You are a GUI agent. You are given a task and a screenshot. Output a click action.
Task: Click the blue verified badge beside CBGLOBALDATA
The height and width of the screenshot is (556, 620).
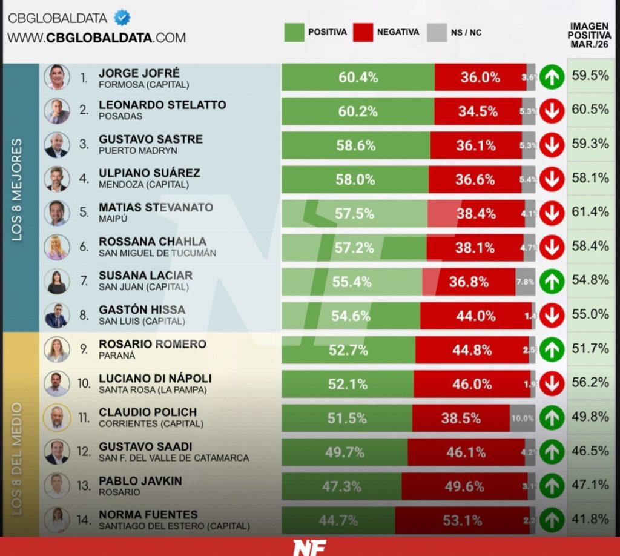click(x=122, y=18)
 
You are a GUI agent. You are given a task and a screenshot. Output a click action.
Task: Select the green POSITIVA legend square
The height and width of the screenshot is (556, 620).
click(x=294, y=32)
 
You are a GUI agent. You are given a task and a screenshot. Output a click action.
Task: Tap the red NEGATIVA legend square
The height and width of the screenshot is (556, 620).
click(x=363, y=32)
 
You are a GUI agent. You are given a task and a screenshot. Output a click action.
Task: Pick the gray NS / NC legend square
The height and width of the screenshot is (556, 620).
click(x=437, y=32)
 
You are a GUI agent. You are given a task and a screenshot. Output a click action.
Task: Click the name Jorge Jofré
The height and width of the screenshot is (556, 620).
click(x=139, y=73)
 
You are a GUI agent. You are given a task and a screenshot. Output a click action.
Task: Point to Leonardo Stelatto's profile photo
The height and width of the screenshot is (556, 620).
click(x=56, y=111)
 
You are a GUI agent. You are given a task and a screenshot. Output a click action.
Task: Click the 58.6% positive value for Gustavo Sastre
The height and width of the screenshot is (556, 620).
click(x=356, y=146)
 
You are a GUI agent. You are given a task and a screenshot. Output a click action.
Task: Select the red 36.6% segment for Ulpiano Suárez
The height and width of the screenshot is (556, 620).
click(x=476, y=180)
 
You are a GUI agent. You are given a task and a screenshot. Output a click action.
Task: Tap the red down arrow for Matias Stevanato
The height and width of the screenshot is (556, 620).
click(x=552, y=214)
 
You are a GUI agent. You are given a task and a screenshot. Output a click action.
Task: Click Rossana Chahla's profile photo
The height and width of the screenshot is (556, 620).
click(x=56, y=247)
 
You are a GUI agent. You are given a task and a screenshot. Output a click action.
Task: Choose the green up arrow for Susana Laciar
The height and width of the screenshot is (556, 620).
click(x=552, y=282)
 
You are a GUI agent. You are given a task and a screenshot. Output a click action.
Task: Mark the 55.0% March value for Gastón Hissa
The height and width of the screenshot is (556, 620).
click(x=590, y=314)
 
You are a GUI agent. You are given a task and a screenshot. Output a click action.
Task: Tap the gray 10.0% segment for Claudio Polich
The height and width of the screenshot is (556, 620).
click(x=523, y=419)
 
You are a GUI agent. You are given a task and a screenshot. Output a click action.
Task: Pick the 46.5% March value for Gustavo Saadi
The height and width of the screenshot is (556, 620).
click(x=590, y=451)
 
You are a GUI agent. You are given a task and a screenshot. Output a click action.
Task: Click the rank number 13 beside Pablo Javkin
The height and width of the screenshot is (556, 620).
click(x=84, y=485)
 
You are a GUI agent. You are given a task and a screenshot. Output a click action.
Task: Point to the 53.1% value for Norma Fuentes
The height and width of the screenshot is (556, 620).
click(x=463, y=520)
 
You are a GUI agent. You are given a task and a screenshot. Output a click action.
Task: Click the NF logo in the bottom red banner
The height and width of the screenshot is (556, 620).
click(x=309, y=547)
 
